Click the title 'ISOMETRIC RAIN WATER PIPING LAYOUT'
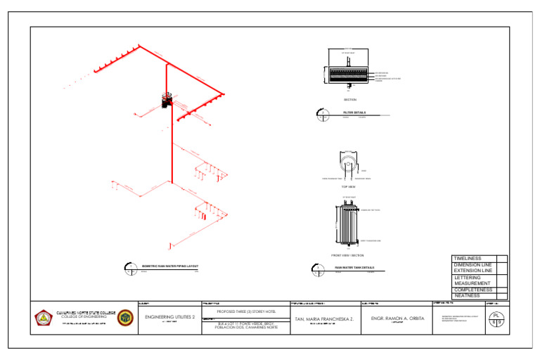(x=170, y=266)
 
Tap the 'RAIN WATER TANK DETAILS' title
(x=354, y=268)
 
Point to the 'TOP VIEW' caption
(x=349, y=187)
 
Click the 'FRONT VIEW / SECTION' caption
(x=347, y=255)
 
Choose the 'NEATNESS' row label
(x=468, y=296)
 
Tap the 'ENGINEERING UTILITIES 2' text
(x=169, y=317)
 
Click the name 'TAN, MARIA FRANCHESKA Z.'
(x=323, y=319)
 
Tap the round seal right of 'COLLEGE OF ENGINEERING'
(x=125, y=318)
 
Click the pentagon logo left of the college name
(x=44, y=318)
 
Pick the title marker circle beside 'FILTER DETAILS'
(x=321, y=112)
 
